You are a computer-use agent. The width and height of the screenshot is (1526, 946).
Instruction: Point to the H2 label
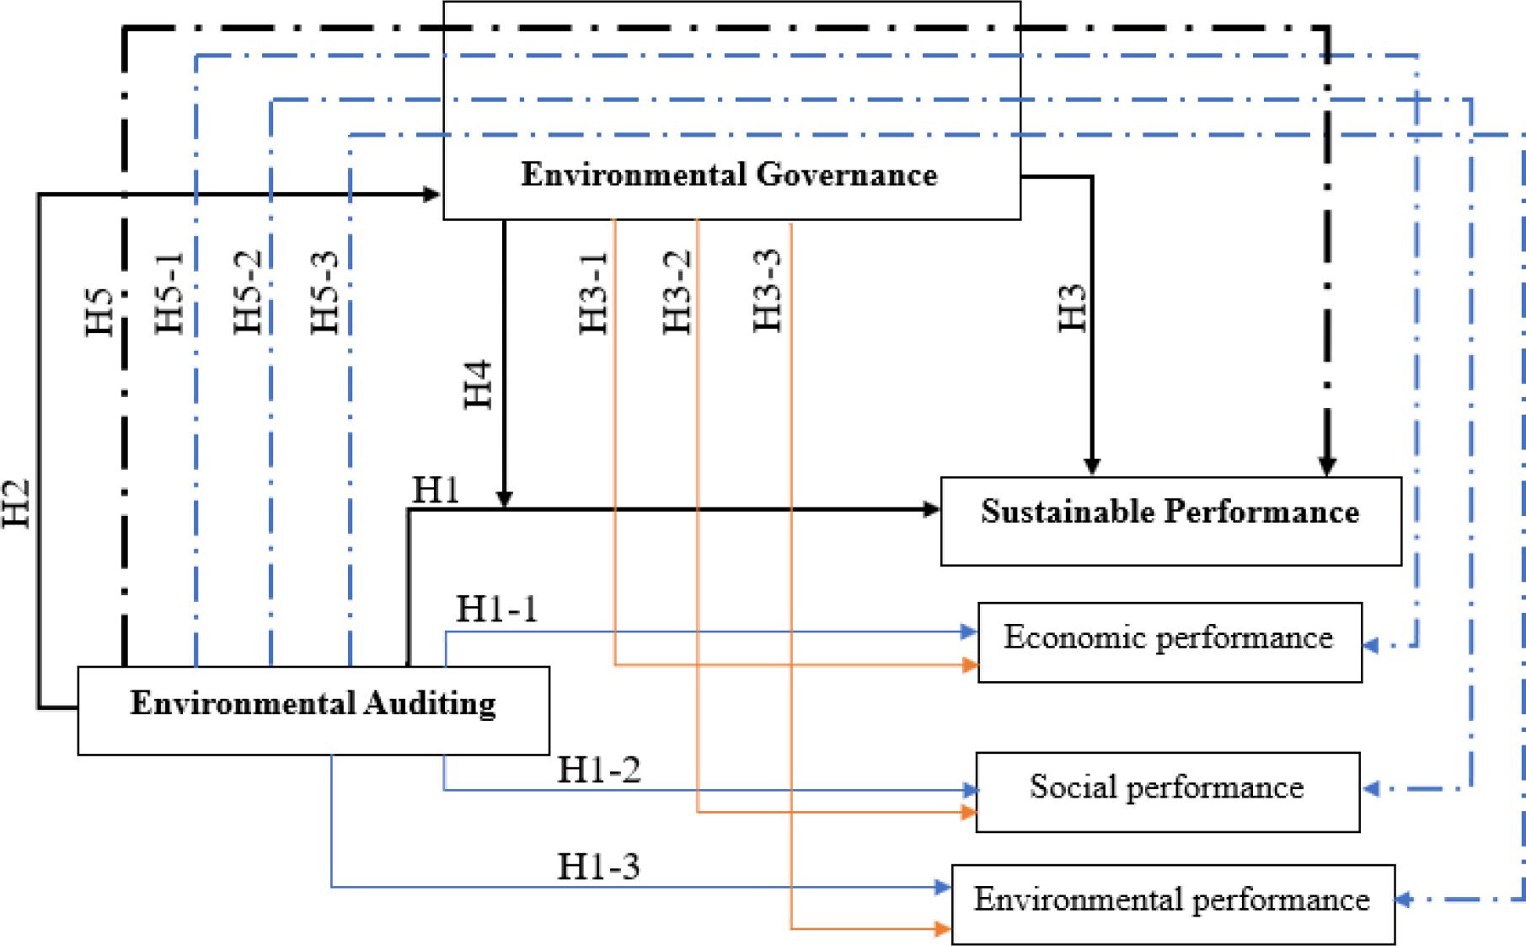click(17, 503)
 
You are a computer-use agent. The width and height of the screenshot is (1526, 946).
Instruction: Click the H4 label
click(478, 384)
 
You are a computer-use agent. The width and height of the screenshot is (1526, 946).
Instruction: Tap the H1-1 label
click(496, 609)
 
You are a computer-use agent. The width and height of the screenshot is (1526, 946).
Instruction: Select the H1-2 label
click(598, 770)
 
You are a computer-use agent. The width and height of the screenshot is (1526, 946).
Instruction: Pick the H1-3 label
click(598, 866)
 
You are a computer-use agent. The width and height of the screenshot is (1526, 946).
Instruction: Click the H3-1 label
click(595, 293)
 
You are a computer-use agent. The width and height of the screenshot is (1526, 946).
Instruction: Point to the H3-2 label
click(678, 293)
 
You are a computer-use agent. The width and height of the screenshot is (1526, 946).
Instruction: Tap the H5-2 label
click(249, 293)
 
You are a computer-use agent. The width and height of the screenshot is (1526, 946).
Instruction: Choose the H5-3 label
click(325, 293)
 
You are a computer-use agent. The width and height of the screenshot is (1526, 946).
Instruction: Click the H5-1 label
click(170, 293)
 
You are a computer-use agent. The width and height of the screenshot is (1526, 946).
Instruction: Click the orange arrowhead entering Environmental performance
click(944, 929)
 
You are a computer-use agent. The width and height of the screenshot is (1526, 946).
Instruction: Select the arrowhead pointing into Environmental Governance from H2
click(433, 195)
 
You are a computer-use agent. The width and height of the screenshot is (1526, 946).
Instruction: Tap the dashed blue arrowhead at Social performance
click(1371, 789)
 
